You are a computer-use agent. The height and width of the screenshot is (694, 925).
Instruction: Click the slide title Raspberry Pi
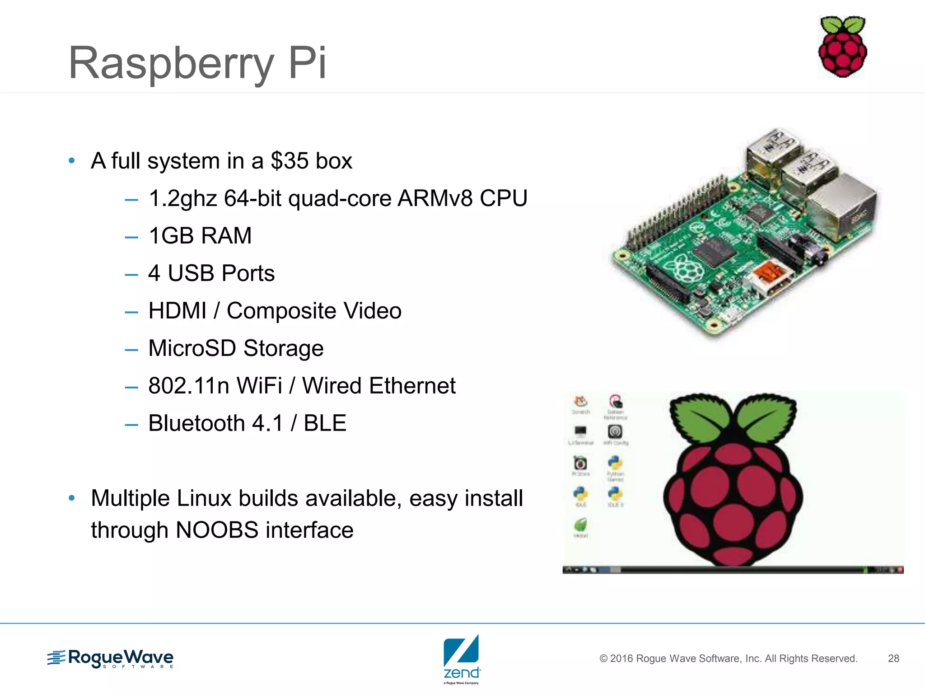(x=197, y=63)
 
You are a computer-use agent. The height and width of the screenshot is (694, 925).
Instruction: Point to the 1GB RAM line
(x=200, y=236)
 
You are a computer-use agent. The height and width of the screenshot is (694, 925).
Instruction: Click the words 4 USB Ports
(x=211, y=273)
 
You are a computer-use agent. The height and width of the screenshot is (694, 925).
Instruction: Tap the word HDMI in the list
(x=178, y=311)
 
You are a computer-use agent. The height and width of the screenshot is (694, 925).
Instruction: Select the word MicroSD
(x=192, y=348)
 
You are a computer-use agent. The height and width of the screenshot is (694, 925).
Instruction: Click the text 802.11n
(x=188, y=386)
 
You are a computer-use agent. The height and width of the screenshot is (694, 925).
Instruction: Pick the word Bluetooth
(x=196, y=423)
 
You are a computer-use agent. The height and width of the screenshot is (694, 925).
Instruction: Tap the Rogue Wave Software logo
(x=111, y=658)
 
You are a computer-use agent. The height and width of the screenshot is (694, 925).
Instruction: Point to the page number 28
(x=893, y=658)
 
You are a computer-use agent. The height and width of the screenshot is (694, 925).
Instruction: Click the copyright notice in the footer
(x=728, y=658)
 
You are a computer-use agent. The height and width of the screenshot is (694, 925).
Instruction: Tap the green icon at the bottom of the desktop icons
(x=580, y=525)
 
